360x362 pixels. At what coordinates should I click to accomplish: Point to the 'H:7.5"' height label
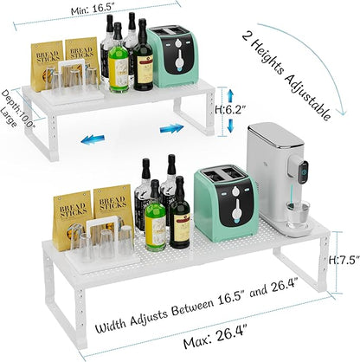tap(344, 260)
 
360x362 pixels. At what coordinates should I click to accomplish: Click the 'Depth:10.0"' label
tap(18, 109)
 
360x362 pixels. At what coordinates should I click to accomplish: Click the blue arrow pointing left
tap(93, 139)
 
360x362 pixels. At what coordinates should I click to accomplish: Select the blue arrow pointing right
tap(172, 128)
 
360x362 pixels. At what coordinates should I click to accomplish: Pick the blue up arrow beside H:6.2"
tap(230, 95)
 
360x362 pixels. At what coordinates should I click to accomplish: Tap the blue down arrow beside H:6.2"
tap(230, 126)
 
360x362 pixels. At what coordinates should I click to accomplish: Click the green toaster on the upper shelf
tap(172, 55)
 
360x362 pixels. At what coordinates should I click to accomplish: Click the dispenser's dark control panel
tap(303, 171)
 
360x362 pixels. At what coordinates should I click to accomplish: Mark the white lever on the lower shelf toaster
tap(237, 210)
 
